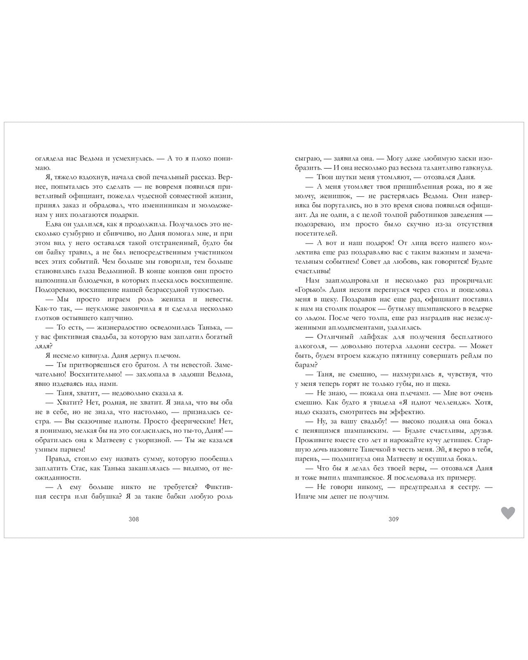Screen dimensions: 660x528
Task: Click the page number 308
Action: point(134,519)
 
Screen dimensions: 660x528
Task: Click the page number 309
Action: point(394,519)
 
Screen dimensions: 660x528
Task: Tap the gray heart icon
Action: point(508,513)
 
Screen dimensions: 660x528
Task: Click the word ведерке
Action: point(479,309)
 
